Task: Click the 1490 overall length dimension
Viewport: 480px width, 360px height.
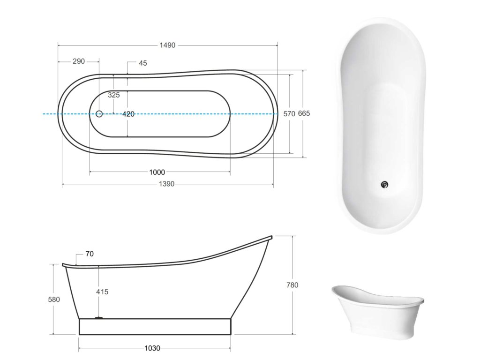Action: pos(167,45)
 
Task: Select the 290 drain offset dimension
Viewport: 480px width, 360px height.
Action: pos(79,61)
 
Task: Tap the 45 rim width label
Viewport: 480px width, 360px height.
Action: pos(142,63)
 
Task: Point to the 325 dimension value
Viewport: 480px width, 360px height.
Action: pos(113,95)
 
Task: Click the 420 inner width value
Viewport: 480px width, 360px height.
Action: pos(128,114)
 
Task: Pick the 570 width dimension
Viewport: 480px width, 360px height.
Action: pos(289,114)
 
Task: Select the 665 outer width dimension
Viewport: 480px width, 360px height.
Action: pos(304,113)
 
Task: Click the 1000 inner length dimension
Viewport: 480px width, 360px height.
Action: pos(157,172)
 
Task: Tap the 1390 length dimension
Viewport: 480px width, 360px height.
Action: pos(166,184)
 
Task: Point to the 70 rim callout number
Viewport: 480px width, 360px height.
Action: pos(90,254)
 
